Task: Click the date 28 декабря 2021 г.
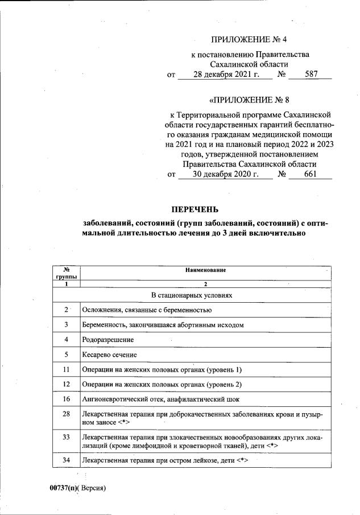[225, 74]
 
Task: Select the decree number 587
[311, 74]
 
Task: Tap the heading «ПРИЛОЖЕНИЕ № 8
[250, 101]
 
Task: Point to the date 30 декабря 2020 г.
[225, 175]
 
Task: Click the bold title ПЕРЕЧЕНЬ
[195, 210]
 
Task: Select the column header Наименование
[205, 270]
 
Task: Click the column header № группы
[67, 273]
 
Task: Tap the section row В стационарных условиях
[191, 295]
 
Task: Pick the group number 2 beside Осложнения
[67, 310]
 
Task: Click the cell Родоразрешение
[107, 340]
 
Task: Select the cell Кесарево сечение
[110, 355]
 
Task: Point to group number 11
[67, 369]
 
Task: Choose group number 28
[67, 414]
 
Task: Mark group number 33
[67, 437]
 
